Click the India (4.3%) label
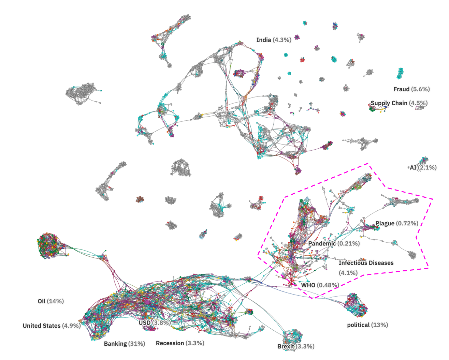tap(274, 40)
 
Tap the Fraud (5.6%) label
tap(411, 89)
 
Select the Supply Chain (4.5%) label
tap(399, 103)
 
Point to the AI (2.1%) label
tap(423, 167)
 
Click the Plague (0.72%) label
tap(396, 223)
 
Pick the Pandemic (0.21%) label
tap(334, 243)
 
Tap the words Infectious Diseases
tap(366, 263)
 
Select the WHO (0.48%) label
tap(320, 285)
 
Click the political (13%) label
tap(367, 325)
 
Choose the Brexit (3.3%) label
tap(295, 346)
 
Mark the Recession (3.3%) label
tap(180, 343)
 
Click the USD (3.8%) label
tap(155, 322)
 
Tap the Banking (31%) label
tap(124, 344)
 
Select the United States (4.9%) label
tap(52, 326)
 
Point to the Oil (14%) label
tap(50, 301)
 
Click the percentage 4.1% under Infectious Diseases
tap(348, 273)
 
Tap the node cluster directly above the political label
tap(357, 305)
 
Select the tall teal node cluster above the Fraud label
tap(400, 73)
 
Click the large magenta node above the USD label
tap(147, 302)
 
